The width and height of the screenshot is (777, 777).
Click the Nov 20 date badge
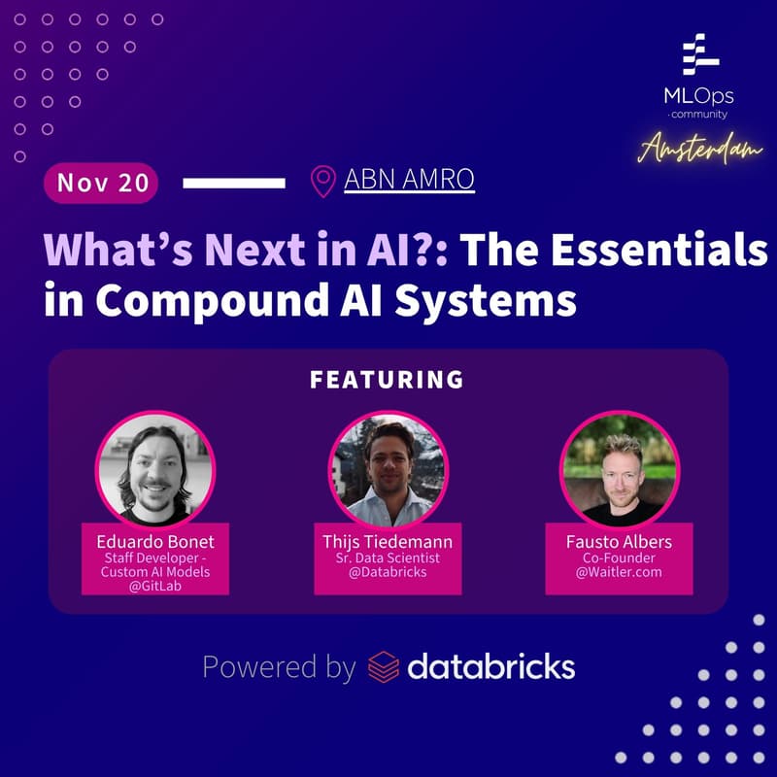(x=101, y=183)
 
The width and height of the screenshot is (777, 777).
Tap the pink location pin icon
(x=321, y=181)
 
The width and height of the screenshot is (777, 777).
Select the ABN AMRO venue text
(x=409, y=180)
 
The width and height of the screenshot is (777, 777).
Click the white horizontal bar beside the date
(x=234, y=182)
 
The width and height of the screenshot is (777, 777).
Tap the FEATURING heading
(x=387, y=379)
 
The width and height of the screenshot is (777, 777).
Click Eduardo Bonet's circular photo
(x=155, y=470)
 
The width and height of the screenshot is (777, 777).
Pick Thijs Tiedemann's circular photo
(x=388, y=470)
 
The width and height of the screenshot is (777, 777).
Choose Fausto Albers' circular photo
(x=620, y=470)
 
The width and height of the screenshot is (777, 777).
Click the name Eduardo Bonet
(x=155, y=541)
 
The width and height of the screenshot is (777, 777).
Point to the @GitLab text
(x=155, y=587)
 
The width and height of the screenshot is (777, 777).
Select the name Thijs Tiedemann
(x=388, y=541)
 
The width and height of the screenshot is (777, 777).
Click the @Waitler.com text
(x=620, y=572)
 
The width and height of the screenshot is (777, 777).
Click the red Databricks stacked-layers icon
(x=384, y=667)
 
